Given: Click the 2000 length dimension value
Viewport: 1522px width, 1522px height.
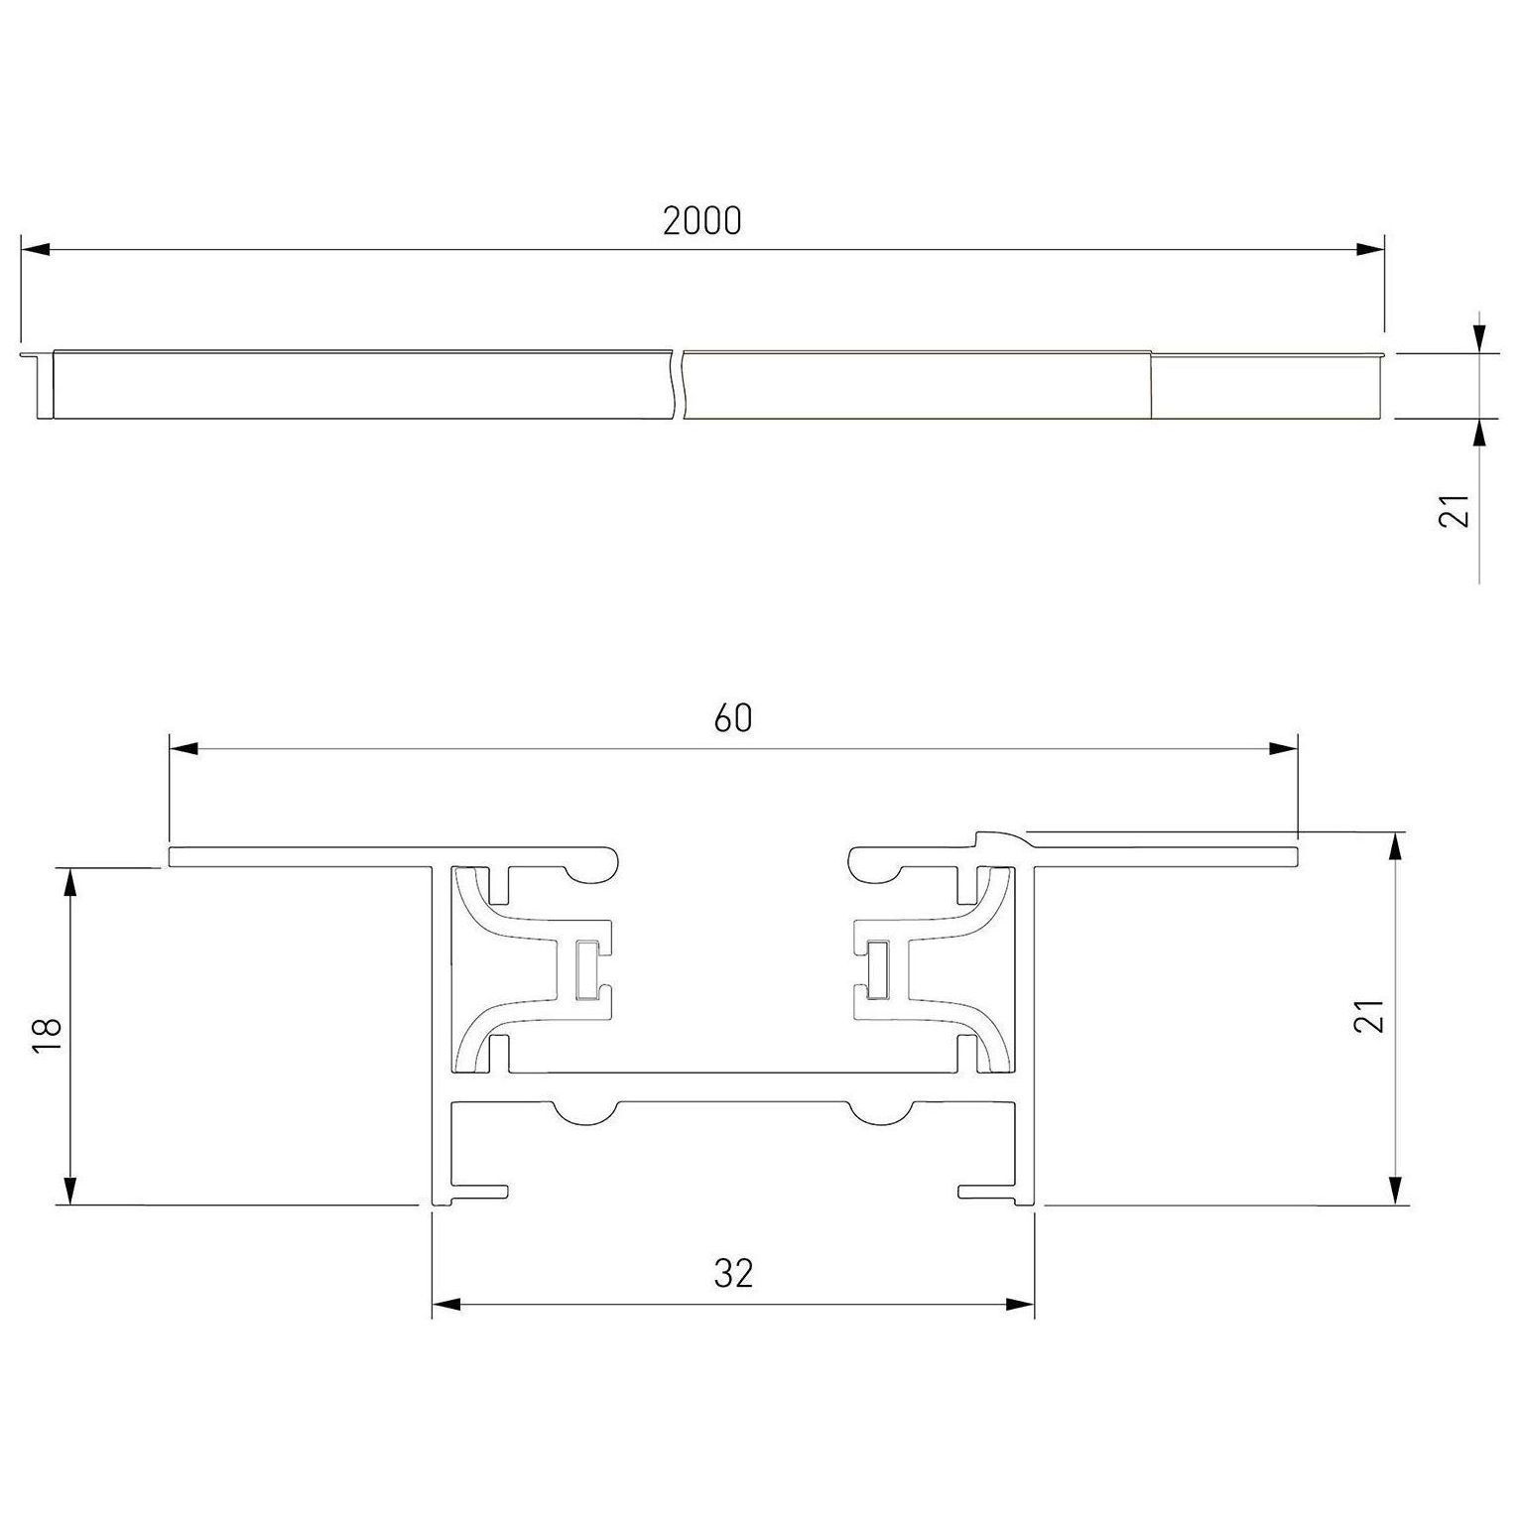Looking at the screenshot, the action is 701,221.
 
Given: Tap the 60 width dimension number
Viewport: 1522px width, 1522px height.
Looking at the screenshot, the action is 733,717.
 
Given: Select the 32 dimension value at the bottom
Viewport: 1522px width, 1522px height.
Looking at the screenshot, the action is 733,1273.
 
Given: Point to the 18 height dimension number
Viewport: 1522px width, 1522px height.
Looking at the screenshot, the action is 48,1036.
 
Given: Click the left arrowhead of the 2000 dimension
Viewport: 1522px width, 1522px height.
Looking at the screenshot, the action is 35,250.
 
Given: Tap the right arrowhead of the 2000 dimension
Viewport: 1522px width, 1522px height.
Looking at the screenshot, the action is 1370,250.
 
